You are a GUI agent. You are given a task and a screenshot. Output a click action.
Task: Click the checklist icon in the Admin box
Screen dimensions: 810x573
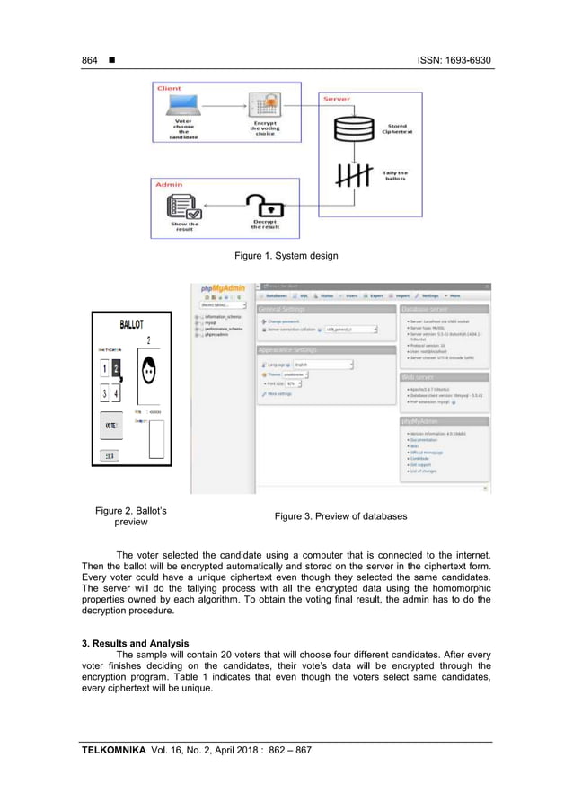183,208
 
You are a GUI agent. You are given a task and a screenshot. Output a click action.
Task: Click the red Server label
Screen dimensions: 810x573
337,98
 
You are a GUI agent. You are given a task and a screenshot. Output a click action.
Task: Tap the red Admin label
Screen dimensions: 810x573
169,183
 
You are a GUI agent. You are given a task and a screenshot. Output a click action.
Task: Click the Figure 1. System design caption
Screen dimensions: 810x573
286,256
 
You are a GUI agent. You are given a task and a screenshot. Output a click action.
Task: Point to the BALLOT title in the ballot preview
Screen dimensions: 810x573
133,324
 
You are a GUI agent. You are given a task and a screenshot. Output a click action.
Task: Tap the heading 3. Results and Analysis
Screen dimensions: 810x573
135,643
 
